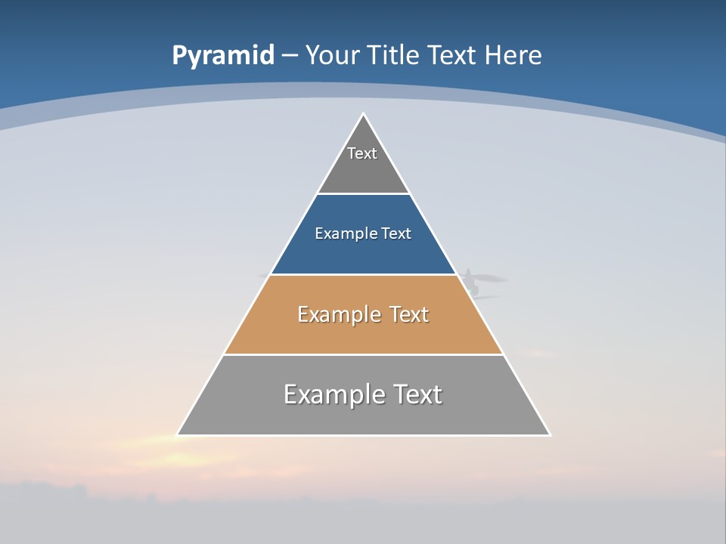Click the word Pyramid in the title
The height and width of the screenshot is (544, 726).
[x=222, y=56]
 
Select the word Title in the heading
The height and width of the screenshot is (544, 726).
[x=393, y=55]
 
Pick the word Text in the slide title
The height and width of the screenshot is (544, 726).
[x=453, y=55]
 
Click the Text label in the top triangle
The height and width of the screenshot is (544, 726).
[x=362, y=153]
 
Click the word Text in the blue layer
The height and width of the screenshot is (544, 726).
[x=396, y=233]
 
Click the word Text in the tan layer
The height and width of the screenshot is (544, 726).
[x=408, y=314]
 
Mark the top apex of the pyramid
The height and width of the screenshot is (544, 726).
[x=363, y=114]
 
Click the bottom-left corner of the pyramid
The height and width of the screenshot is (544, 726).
[x=178, y=434]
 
